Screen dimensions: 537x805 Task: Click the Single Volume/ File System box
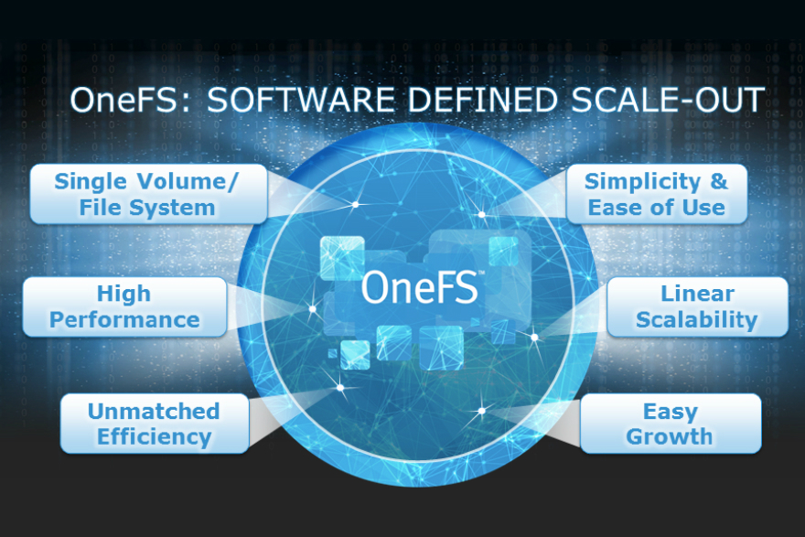pyautogui.click(x=147, y=194)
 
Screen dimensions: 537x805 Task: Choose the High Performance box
pyautogui.click(x=124, y=306)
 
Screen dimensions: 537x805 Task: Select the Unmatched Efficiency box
pyautogui.click(x=154, y=424)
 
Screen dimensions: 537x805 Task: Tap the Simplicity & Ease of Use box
pyautogui.click(x=656, y=194)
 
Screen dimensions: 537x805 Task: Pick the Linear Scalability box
pyautogui.click(x=697, y=306)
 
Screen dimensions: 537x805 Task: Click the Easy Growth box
pyautogui.click(x=670, y=424)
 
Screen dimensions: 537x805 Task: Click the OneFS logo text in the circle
pyautogui.click(x=420, y=285)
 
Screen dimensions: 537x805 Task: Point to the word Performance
pyautogui.click(x=124, y=319)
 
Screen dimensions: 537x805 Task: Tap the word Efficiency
pyautogui.click(x=155, y=436)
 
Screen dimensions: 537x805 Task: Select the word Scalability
pyautogui.click(x=697, y=319)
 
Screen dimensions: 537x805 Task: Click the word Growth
pyautogui.click(x=670, y=436)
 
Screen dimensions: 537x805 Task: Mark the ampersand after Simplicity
pyautogui.click(x=719, y=181)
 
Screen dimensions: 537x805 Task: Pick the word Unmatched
pyautogui.click(x=154, y=411)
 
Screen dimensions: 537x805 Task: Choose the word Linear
pyautogui.click(x=697, y=294)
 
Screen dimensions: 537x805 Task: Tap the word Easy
pyautogui.click(x=670, y=411)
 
